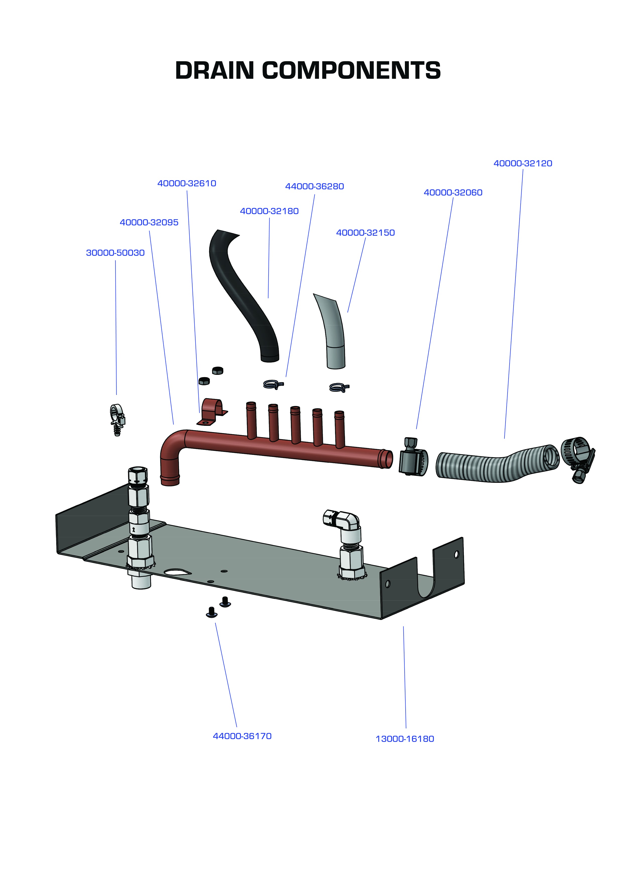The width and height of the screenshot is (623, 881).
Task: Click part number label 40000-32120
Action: pyautogui.click(x=523, y=163)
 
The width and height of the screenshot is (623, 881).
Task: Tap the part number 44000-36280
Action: pyautogui.click(x=314, y=187)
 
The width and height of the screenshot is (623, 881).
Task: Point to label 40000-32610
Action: pyautogui.click(x=187, y=184)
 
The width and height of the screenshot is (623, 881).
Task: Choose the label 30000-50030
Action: pyautogui.click(x=115, y=253)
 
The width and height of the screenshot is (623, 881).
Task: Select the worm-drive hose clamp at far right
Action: pyautogui.click(x=577, y=458)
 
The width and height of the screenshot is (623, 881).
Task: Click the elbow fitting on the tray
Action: pyautogui.click(x=345, y=522)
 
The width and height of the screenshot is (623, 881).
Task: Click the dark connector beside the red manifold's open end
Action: pyautogui.click(x=412, y=458)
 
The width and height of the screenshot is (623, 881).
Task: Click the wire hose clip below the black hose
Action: pyautogui.click(x=273, y=384)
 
